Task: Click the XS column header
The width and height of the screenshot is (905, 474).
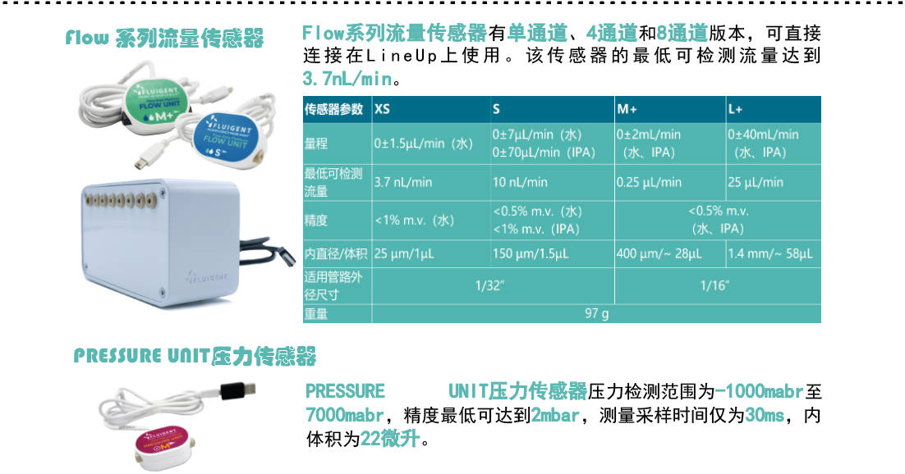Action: point(382,109)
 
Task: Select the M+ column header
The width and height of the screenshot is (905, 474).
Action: point(627,109)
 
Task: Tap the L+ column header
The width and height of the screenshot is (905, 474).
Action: point(735,109)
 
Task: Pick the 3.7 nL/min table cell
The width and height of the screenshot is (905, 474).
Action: point(403,182)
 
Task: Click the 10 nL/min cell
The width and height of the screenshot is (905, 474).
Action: point(520,182)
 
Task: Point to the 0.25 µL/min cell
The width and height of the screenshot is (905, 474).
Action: point(649,182)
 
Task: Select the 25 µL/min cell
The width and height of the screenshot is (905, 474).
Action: point(756,182)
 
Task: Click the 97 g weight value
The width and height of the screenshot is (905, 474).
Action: point(596,314)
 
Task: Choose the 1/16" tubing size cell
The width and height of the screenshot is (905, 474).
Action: point(714,285)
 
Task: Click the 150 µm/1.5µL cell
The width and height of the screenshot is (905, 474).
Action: point(531,253)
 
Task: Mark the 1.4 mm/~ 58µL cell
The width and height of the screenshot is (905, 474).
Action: point(770,253)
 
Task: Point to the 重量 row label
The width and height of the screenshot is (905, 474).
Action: point(315,314)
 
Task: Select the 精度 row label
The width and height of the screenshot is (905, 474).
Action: point(315,220)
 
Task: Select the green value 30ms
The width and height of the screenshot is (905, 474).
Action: point(765,415)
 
